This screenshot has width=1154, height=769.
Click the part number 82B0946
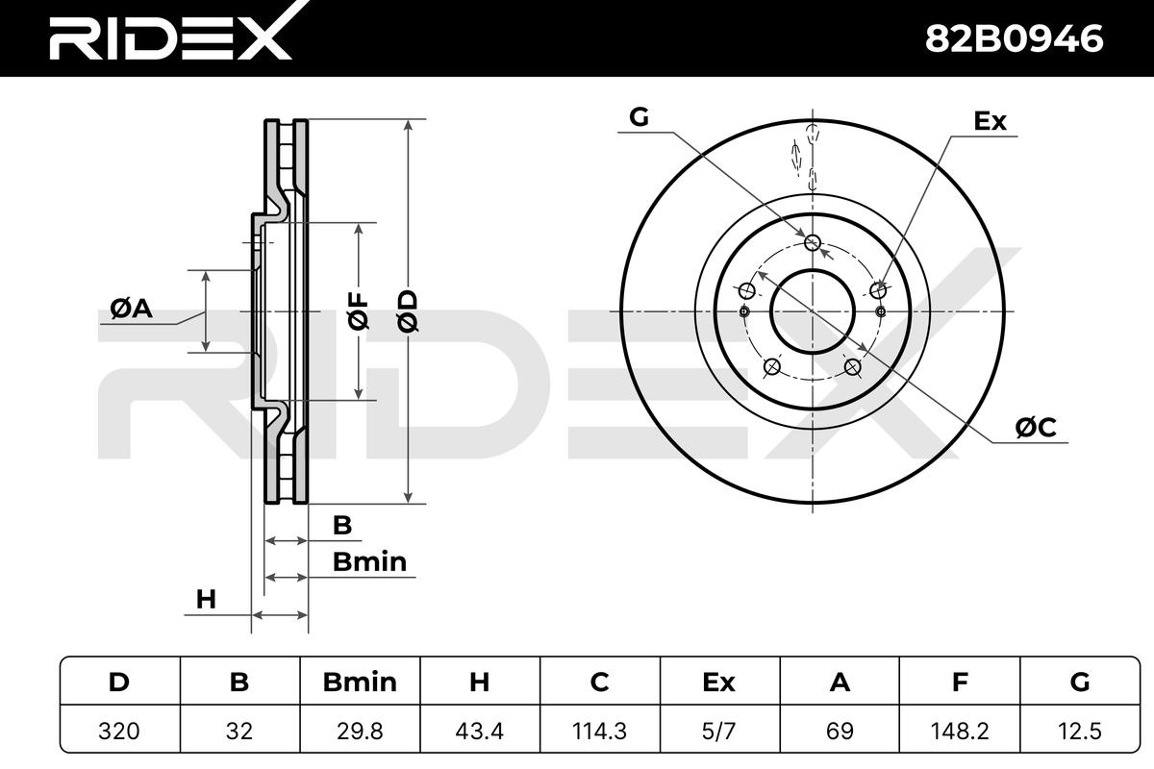coord(1014,38)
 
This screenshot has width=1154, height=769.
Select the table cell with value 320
coord(119,731)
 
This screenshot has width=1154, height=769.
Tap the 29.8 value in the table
coord(360,731)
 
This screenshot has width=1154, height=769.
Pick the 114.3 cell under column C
coord(600,731)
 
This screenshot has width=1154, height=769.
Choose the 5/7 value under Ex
coord(719,731)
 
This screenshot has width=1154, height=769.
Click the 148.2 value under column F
coord(960,731)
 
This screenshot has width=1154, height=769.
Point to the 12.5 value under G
coord(1080,731)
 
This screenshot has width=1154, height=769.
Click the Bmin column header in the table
coord(360,682)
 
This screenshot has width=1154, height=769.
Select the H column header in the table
coord(479,682)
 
